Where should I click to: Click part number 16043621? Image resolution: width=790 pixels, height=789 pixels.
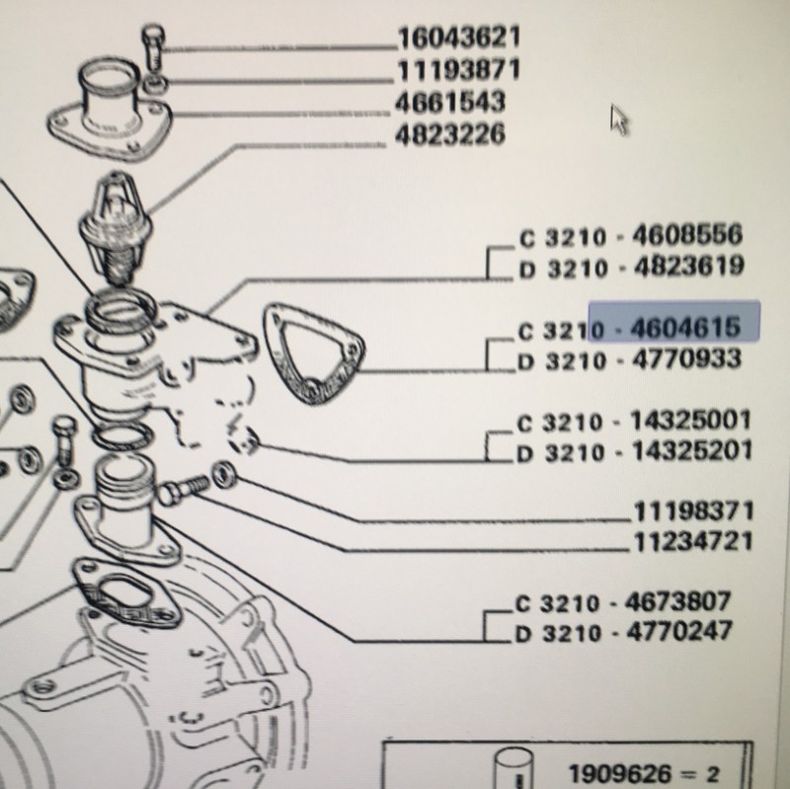pyautogui.click(x=459, y=39)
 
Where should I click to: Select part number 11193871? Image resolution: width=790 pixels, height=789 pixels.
pyautogui.click(x=459, y=70)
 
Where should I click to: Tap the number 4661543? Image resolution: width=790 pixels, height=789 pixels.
pyautogui.click(x=450, y=103)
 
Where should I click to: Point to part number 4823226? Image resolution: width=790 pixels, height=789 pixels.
pyautogui.click(x=450, y=134)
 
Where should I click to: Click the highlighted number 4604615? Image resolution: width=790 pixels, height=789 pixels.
pyautogui.click(x=685, y=328)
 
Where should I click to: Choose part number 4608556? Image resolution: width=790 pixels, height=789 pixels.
pyautogui.click(x=687, y=235)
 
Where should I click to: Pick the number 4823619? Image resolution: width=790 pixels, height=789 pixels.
pyautogui.click(x=688, y=266)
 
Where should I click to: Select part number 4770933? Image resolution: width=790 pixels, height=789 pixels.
pyautogui.click(x=686, y=359)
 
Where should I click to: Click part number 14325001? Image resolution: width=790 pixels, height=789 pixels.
pyautogui.click(x=690, y=421)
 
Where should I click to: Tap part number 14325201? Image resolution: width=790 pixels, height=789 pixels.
pyautogui.click(x=692, y=451)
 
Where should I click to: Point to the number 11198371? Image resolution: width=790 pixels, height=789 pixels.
pyautogui.click(x=693, y=512)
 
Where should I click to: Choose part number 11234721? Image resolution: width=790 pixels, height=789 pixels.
pyautogui.click(x=693, y=542)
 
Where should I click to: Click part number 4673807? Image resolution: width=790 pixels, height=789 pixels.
pyautogui.click(x=677, y=601)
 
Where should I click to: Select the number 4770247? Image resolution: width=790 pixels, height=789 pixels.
pyautogui.click(x=678, y=632)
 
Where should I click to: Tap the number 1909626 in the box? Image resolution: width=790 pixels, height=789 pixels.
pyautogui.click(x=619, y=773)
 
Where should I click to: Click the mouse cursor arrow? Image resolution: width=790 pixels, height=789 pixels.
pyautogui.click(x=618, y=119)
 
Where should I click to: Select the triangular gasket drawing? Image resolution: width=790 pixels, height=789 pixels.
pyautogui.click(x=313, y=353)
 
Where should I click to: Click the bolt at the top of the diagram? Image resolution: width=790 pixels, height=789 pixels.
pyautogui.click(x=153, y=47)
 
